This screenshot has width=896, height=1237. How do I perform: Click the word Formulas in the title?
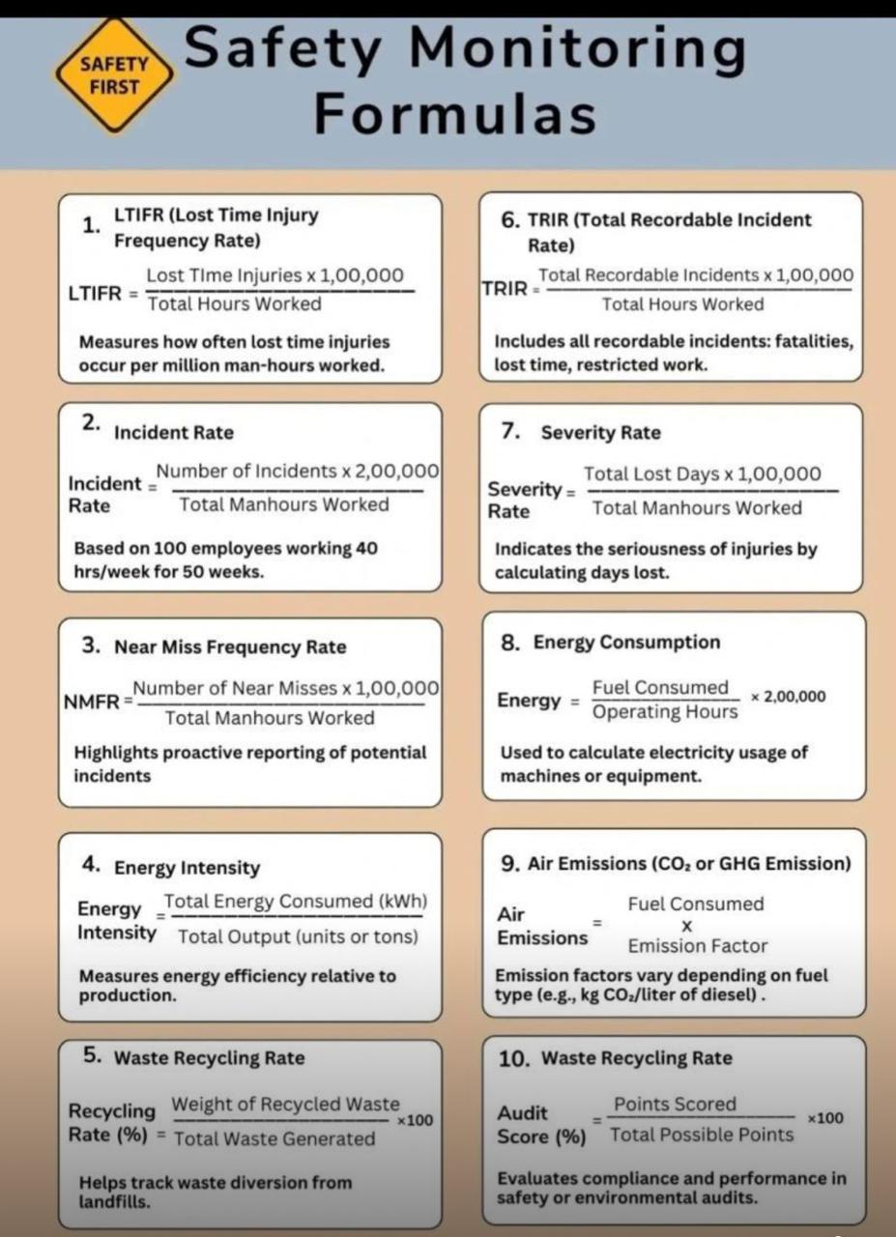point(454,115)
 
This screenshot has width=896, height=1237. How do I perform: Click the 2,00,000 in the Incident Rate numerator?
point(397,472)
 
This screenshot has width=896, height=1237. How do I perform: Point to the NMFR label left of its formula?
point(93,701)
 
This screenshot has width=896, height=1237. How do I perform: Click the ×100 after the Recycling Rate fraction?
point(416,1121)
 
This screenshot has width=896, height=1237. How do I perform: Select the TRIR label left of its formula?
point(506,288)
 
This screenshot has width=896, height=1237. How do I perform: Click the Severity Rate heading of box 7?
point(601,433)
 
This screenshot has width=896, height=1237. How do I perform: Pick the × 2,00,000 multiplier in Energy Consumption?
point(789,697)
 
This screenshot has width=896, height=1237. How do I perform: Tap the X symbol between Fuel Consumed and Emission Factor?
point(687,925)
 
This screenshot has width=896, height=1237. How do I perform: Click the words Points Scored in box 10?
point(676,1104)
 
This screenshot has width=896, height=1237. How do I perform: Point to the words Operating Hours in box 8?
point(665,712)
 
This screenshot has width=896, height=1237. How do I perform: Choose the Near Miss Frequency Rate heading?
point(230,647)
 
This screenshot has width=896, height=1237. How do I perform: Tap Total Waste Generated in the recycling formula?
point(275,1138)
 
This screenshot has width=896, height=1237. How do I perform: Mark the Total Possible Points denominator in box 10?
point(702,1135)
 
